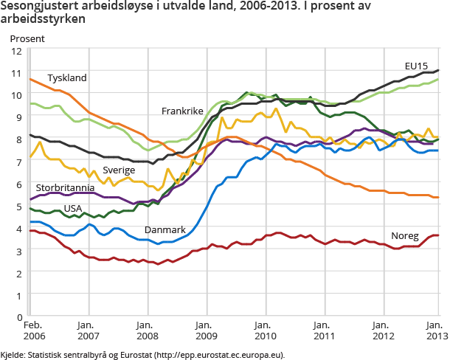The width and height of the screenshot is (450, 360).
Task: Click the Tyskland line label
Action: pyautogui.click(x=67, y=77)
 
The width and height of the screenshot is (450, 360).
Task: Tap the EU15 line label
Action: pyautogui.click(x=417, y=66)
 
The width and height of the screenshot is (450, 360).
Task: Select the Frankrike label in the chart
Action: pyautogui.click(x=182, y=111)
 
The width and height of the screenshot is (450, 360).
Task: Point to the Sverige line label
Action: pyautogui.click(x=119, y=170)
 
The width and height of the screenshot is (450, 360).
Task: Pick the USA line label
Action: pyautogui.click(x=73, y=208)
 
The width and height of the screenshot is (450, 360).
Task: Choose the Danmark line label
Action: pyautogui.click(x=165, y=230)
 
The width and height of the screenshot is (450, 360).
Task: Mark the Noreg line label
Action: pyautogui.click(x=405, y=236)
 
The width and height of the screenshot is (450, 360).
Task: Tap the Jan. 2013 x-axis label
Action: pyautogui.click(x=435, y=330)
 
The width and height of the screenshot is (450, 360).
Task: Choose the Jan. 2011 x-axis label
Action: pyautogui.click(x=321, y=330)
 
